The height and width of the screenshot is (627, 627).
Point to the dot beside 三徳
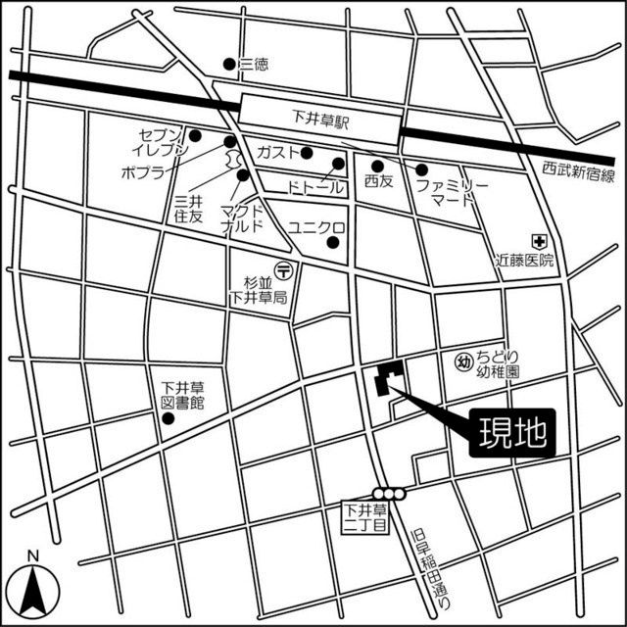click(x=230, y=65)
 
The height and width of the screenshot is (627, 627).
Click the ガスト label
click(x=277, y=153)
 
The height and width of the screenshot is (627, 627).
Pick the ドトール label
click(x=314, y=186)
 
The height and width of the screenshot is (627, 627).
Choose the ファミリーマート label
click(x=446, y=191)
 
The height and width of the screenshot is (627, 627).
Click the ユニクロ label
click(x=314, y=227)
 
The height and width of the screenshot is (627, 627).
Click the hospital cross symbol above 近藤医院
click(x=538, y=240)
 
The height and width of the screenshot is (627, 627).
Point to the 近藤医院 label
click(x=523, y=261)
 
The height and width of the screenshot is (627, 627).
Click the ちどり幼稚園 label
click(x=498, y=363)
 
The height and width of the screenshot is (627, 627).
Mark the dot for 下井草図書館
click(x=168, y=419)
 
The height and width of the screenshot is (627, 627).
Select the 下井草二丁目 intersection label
click(x=364, y=517)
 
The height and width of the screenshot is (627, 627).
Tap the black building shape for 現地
click(x=387, y=378)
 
